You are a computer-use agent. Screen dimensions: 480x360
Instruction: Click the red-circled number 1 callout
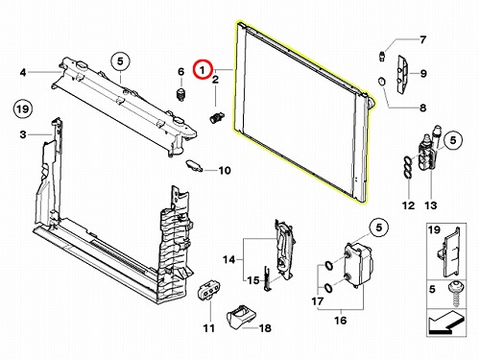(203, 69)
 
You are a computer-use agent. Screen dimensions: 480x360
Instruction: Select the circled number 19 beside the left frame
(23, 109)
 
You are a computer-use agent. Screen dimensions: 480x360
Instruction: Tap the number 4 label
(23, 73)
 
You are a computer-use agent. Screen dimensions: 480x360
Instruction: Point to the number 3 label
(23, 134)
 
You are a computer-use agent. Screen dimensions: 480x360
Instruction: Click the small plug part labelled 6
(181, 95)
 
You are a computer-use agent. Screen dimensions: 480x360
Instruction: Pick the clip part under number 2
(217, 117)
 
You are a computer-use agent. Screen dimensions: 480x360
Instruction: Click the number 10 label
(225, 170)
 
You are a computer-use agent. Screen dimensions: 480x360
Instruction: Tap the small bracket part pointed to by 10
(194, 165)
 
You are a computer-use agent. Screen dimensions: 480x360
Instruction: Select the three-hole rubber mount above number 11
(209, 290)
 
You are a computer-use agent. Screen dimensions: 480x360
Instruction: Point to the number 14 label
(228, 259)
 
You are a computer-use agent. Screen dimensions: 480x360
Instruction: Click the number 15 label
(253, 280)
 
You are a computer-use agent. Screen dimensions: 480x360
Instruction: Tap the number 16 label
(340, 320)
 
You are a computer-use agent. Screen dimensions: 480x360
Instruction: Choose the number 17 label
(318, 301)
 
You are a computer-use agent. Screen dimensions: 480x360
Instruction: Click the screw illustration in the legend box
(454, 294)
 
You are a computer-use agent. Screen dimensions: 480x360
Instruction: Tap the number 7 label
(422, 39)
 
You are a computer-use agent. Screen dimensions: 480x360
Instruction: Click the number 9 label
(423, 74)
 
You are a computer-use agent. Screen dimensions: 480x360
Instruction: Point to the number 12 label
(408, 205)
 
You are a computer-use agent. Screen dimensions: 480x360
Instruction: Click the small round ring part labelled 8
(381, 82)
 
